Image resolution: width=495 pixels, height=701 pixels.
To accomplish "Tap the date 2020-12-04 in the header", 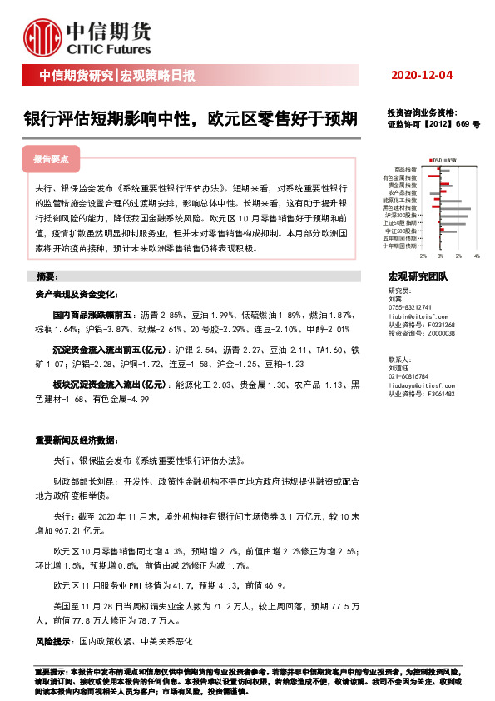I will point(422,76).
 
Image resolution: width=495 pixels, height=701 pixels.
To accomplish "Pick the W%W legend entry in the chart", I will point(452,160).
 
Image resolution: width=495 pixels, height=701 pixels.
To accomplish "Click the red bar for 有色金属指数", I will point(433,176).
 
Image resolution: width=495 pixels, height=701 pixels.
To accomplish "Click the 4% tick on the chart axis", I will point(477,256).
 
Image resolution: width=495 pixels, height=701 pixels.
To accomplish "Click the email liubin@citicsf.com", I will point(421,317).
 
